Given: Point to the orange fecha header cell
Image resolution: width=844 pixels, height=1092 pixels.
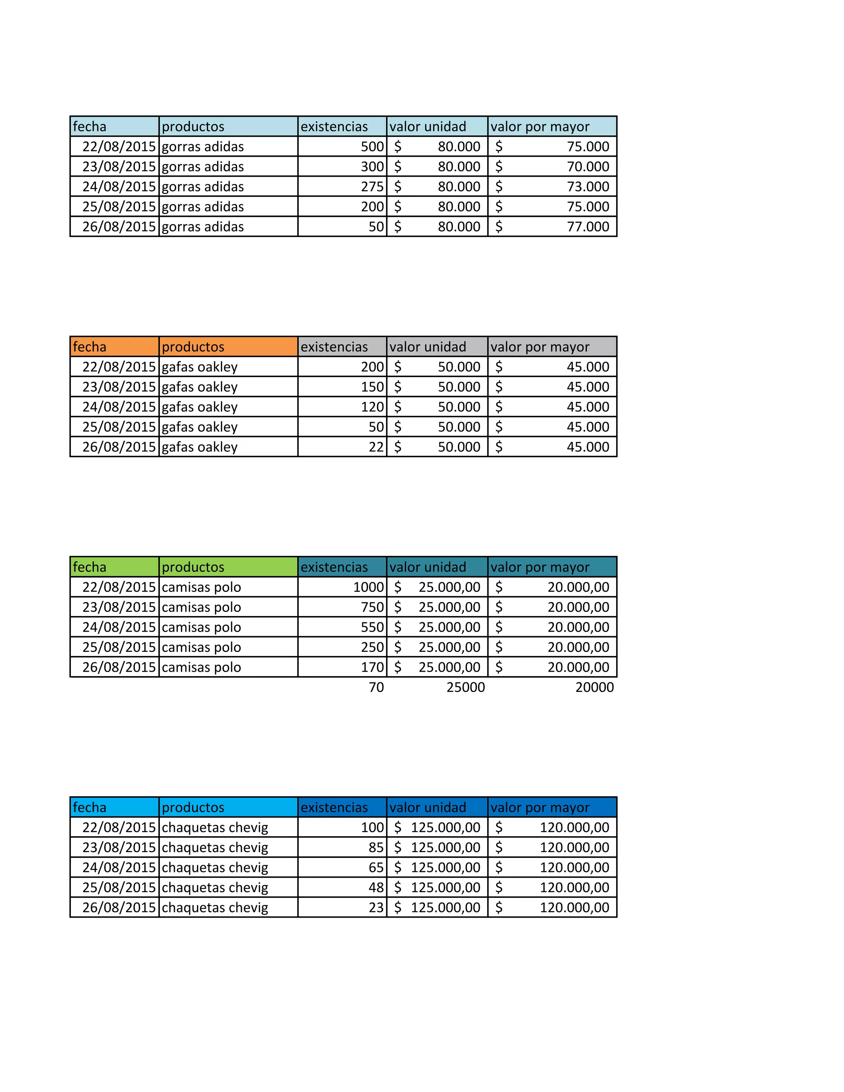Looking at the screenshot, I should click(114, 347).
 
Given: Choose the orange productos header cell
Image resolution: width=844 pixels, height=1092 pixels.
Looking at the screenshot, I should click(228, 347).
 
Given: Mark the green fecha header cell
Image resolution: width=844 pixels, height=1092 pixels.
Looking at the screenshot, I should click(114, 567).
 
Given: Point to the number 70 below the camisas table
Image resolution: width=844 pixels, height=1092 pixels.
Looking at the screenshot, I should click(376, 687).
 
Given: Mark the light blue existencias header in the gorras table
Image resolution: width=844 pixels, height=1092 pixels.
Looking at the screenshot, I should click(342, 127).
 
